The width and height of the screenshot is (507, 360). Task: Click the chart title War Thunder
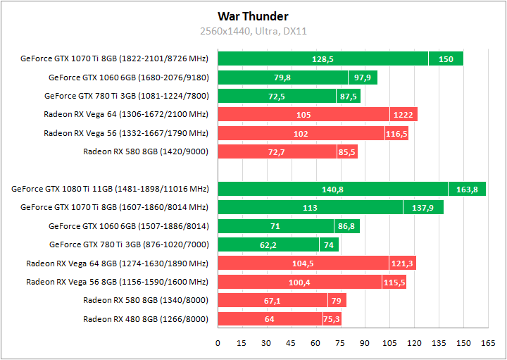(253, 16)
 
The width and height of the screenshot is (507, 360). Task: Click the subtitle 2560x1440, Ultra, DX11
(253, 31)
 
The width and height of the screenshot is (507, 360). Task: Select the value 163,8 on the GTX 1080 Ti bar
(467, 189)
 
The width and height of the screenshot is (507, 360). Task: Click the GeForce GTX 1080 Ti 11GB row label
(110, 189)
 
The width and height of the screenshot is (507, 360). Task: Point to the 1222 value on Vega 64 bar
(403, 115)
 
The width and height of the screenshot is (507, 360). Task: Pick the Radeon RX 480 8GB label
(146, 319)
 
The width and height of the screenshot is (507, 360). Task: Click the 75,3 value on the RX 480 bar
(332, 319)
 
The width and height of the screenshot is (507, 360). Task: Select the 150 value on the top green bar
(446, 59)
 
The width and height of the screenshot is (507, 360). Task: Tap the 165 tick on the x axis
(487, 343)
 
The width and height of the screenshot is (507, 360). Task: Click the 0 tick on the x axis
(218, 343)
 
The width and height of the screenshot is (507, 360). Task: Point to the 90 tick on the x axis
(365, 343)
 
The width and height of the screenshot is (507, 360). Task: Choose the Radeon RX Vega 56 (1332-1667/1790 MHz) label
(126, 133)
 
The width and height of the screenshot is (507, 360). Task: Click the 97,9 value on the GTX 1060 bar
(363, 77)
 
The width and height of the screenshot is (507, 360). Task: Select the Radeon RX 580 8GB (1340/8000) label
(146, 301)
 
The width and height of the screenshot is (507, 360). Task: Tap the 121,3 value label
(403, 263)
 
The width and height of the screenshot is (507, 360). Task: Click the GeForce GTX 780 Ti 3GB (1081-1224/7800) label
(126, 96)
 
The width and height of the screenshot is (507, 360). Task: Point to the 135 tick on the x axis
(438, 343)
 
